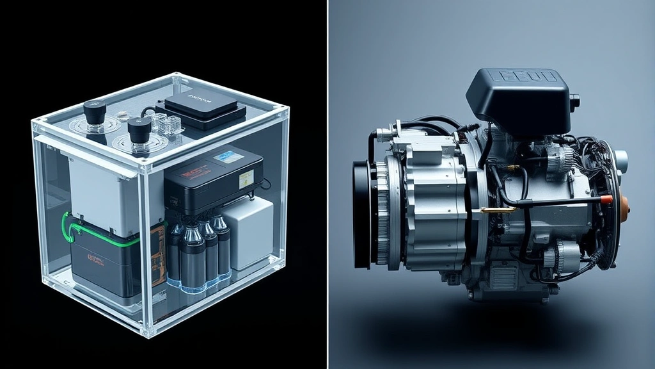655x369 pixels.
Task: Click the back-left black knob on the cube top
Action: click(95, 113)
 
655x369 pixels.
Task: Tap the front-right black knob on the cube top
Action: click(139, 129)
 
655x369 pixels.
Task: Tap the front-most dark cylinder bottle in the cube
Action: click(191, 259)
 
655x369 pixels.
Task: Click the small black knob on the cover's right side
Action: click(574, 101)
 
